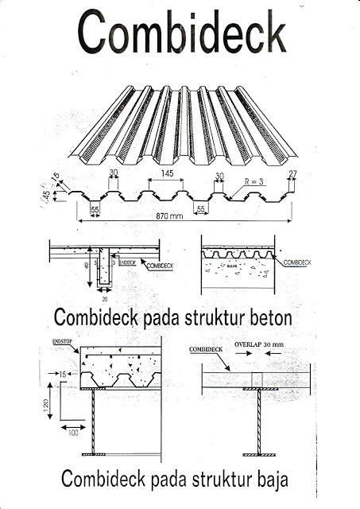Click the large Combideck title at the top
tap(182, 33)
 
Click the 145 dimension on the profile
tap(167, 173)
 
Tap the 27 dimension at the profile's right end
tap(292, 174)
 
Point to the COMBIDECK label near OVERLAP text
tap(205, 349)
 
